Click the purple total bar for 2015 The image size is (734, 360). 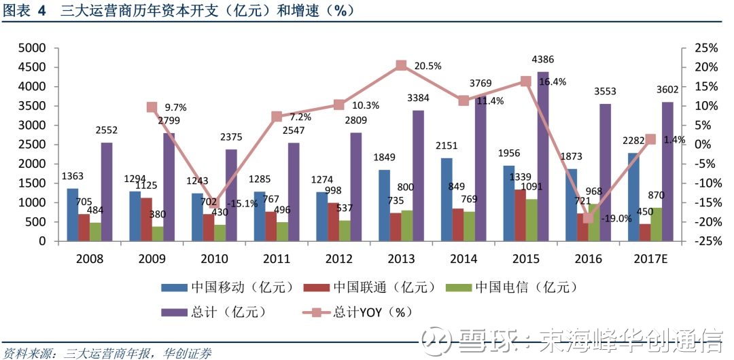pyautogui.click(x=543, y=157)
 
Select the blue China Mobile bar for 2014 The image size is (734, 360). pyautogui.click(x=447, y=200)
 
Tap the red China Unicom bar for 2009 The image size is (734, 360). pyautogui.click(x=147, y=219)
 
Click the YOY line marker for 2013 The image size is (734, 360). pyautogui.click(x=401, y=65)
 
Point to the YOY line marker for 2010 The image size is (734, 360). pyautogui.click(x=214, y=202)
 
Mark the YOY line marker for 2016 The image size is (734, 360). pyautogui.click(x=588, y=217)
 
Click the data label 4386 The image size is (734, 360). pyautogui.click(x=543, y=60)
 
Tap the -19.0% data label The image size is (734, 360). pyautogui.click(x=615, y=219)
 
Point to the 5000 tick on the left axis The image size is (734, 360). pyautogui.click(x=33, y=48)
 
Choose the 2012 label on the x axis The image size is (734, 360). pyautogui.click(x=339, y=258)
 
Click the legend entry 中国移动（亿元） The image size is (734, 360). pyautogui.click(x=228, y=287)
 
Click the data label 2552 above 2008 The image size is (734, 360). pyautogui.click(x=107, y=130)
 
